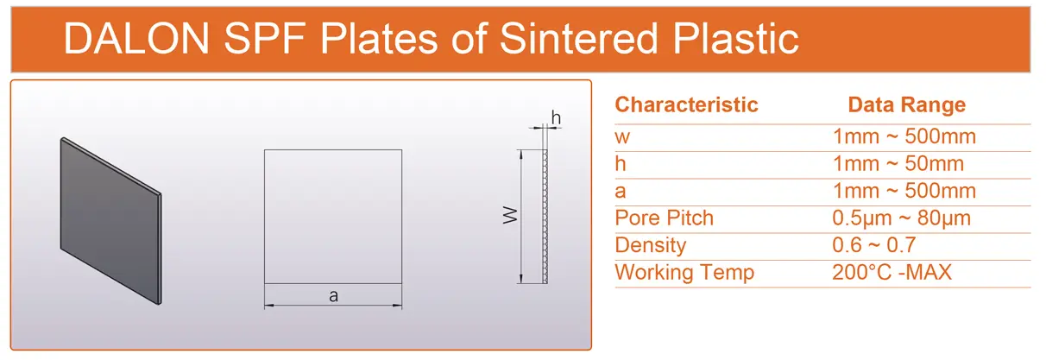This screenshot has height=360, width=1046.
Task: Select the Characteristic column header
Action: click(686, 105)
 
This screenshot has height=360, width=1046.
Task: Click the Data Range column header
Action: click(906, 105)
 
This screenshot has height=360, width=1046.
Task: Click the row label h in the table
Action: click(621, 164)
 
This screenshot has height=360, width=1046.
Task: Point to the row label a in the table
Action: click(621, 192)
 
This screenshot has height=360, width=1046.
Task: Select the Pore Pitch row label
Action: click(664, 218)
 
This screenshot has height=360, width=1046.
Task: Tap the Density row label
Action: click(650, 245)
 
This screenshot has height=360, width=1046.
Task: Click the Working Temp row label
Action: click(684, 273)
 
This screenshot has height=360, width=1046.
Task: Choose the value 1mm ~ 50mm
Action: click(898, 164)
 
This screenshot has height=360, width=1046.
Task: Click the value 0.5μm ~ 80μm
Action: click(901, 218)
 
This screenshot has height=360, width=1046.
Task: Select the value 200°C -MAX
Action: click(892, 273)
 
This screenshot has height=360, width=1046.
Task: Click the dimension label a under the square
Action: click(333, 296)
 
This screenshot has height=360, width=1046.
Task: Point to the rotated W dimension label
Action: click(509, 216)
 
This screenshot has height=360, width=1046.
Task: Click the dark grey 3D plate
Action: click(110, 219)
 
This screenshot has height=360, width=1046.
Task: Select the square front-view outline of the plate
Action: click(333, 216)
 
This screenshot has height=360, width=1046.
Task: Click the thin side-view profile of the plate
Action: click(545, 216)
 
